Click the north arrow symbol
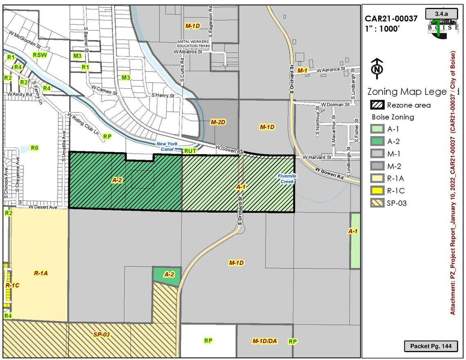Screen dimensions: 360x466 tap(376, 69)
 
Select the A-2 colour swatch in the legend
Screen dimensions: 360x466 tap(377, 142)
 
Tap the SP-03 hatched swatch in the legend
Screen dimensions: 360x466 tap(377, 203)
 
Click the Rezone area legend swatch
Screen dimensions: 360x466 tap(377, 105)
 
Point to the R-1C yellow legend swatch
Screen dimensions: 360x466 tap(377, 191)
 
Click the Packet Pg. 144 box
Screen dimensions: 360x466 tap(430, 346)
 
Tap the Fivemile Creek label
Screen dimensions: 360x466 tap(287, 178)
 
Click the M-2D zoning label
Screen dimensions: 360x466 tap(218, 122)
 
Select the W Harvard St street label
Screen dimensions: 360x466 tap(317, 157)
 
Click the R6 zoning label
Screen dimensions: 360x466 tap(34, 148)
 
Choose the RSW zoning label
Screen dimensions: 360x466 tap(40, 55)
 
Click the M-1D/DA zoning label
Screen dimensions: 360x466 tap(264, 341)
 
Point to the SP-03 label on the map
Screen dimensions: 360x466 tap(101, 335)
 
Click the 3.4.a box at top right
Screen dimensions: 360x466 tap(441, 13)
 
